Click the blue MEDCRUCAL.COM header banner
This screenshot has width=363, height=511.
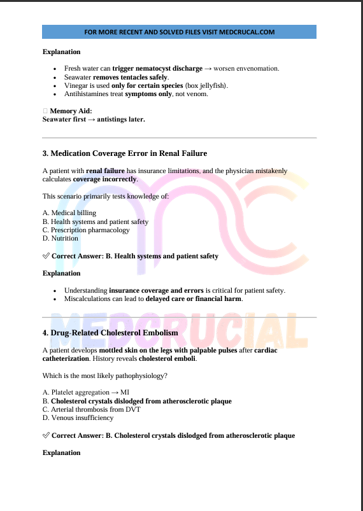pos(179,32)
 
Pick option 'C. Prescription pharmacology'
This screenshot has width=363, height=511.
pos(86,230)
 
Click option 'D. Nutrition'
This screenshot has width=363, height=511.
pos(60,239)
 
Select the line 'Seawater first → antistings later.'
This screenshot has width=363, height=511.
pos(94,119)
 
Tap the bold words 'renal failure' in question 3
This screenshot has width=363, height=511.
pos(105,171)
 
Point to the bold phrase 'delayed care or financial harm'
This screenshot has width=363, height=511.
pos(194,299)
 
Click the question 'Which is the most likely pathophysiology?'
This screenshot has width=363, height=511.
pos(105,375)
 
